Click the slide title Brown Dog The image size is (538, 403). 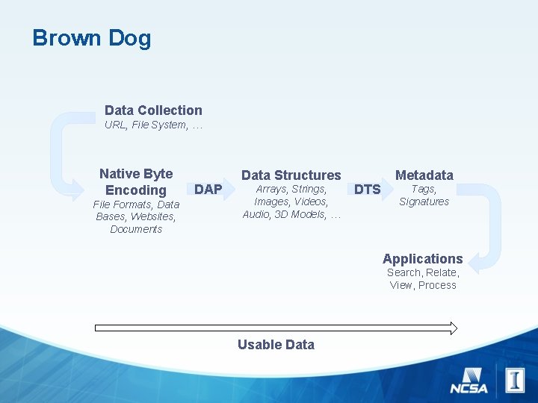tap(91, 38)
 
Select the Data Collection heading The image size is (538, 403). tap(153, 110)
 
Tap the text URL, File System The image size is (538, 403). tap(153, 125)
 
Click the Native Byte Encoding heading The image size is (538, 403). tap(136, 182)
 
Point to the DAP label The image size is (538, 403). tap(208, 190)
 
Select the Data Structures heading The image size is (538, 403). tap(291, 175)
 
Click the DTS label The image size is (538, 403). tap(367, 190)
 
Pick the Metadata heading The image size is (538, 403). tap(424, 175)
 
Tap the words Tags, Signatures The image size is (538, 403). tap(424, 196)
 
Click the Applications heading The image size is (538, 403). tap(422, 259)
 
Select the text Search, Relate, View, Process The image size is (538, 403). tap(423, 279)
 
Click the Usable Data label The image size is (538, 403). tap(276, 345)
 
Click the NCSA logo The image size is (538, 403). tap(469, 381)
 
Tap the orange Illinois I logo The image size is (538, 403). tap(515, 380)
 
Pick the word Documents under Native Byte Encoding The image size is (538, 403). tap(136, 230)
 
